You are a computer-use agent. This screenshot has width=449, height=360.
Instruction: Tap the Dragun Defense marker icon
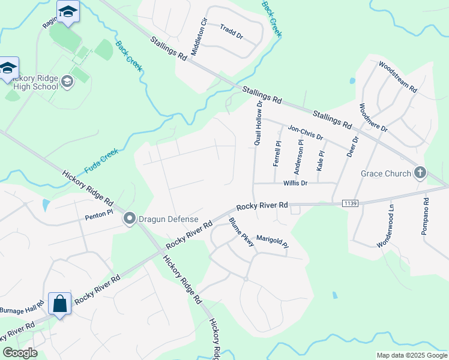[128, 219]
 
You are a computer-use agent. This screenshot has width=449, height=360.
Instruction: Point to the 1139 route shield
[351, 204]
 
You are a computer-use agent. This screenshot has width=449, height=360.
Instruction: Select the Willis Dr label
[295, 183]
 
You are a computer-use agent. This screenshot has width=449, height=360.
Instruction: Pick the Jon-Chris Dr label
[306, 133]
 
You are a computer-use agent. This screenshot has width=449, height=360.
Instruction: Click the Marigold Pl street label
[273, 241]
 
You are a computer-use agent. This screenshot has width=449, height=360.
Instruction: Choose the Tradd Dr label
[231, 32]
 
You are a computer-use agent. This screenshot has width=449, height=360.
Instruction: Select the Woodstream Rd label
[397, 76]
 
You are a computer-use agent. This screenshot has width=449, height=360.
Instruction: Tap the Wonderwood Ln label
[385, 226]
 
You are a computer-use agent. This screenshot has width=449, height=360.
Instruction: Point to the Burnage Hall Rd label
[22, 311]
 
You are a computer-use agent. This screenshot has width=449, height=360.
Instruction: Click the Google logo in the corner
[20, 353]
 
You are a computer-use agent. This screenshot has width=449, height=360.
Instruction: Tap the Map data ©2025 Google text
[412, 355]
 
